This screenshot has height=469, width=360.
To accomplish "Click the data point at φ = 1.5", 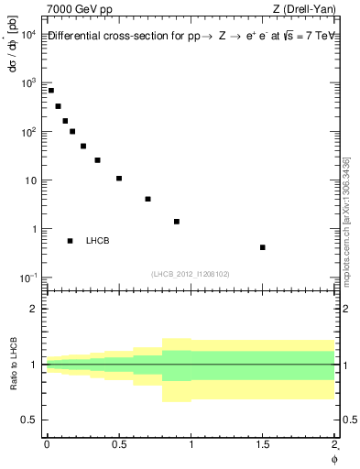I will coord(263,247).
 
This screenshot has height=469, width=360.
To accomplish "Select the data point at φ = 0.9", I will coord(177,222).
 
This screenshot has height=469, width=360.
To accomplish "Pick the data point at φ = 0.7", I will coord(147,199).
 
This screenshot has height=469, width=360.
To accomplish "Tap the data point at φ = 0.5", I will coord(119,179).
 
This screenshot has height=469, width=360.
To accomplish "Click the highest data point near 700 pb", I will coord(51,91).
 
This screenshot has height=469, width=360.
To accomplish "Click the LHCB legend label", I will coord(97,241).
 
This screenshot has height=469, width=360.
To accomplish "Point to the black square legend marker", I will coord(71,241).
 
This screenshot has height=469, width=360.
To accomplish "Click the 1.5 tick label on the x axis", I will coord(263,444).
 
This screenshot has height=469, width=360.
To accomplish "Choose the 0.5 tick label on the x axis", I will coord(119,444).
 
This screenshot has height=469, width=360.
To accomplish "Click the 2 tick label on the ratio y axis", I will coord(35,310).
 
